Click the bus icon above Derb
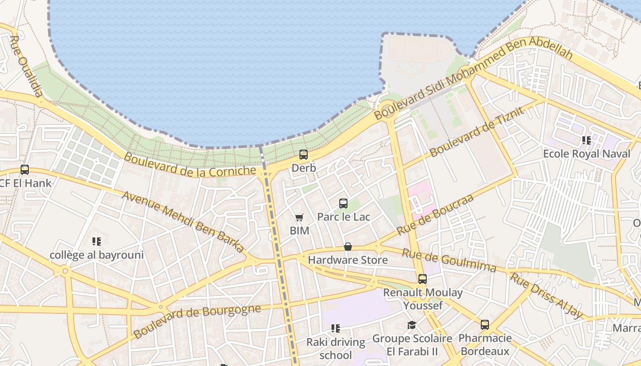pyautogui.click(x=303, y=155)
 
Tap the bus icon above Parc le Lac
pyautogui.click(x=343, y=204)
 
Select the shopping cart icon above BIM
pyautogui.click(x=299, y=218)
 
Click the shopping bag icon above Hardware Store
pyautogui.click(x=348, y=247)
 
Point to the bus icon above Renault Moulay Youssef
pyautogui.click(x=422, y=279)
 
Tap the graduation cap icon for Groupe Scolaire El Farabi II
pyautogui.click(x=412, y=325)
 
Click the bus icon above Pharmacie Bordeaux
pyautogui.click(x=484, y=325)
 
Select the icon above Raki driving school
pyautogui.click(x=336, y=328)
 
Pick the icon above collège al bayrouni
pyautogui.click(x=96, y=241)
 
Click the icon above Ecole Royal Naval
pyautogui.click(x=586, y=140)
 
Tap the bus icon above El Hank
pyautogui.click(x=25, y=170)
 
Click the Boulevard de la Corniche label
pyautogui.click(x=190, y=165)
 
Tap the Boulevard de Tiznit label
pyautogui.click(x=476, y=131)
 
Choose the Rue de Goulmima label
pyautogui.click(x=449, y=260)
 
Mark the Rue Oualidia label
pyautogui.click(x=26, y=66)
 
